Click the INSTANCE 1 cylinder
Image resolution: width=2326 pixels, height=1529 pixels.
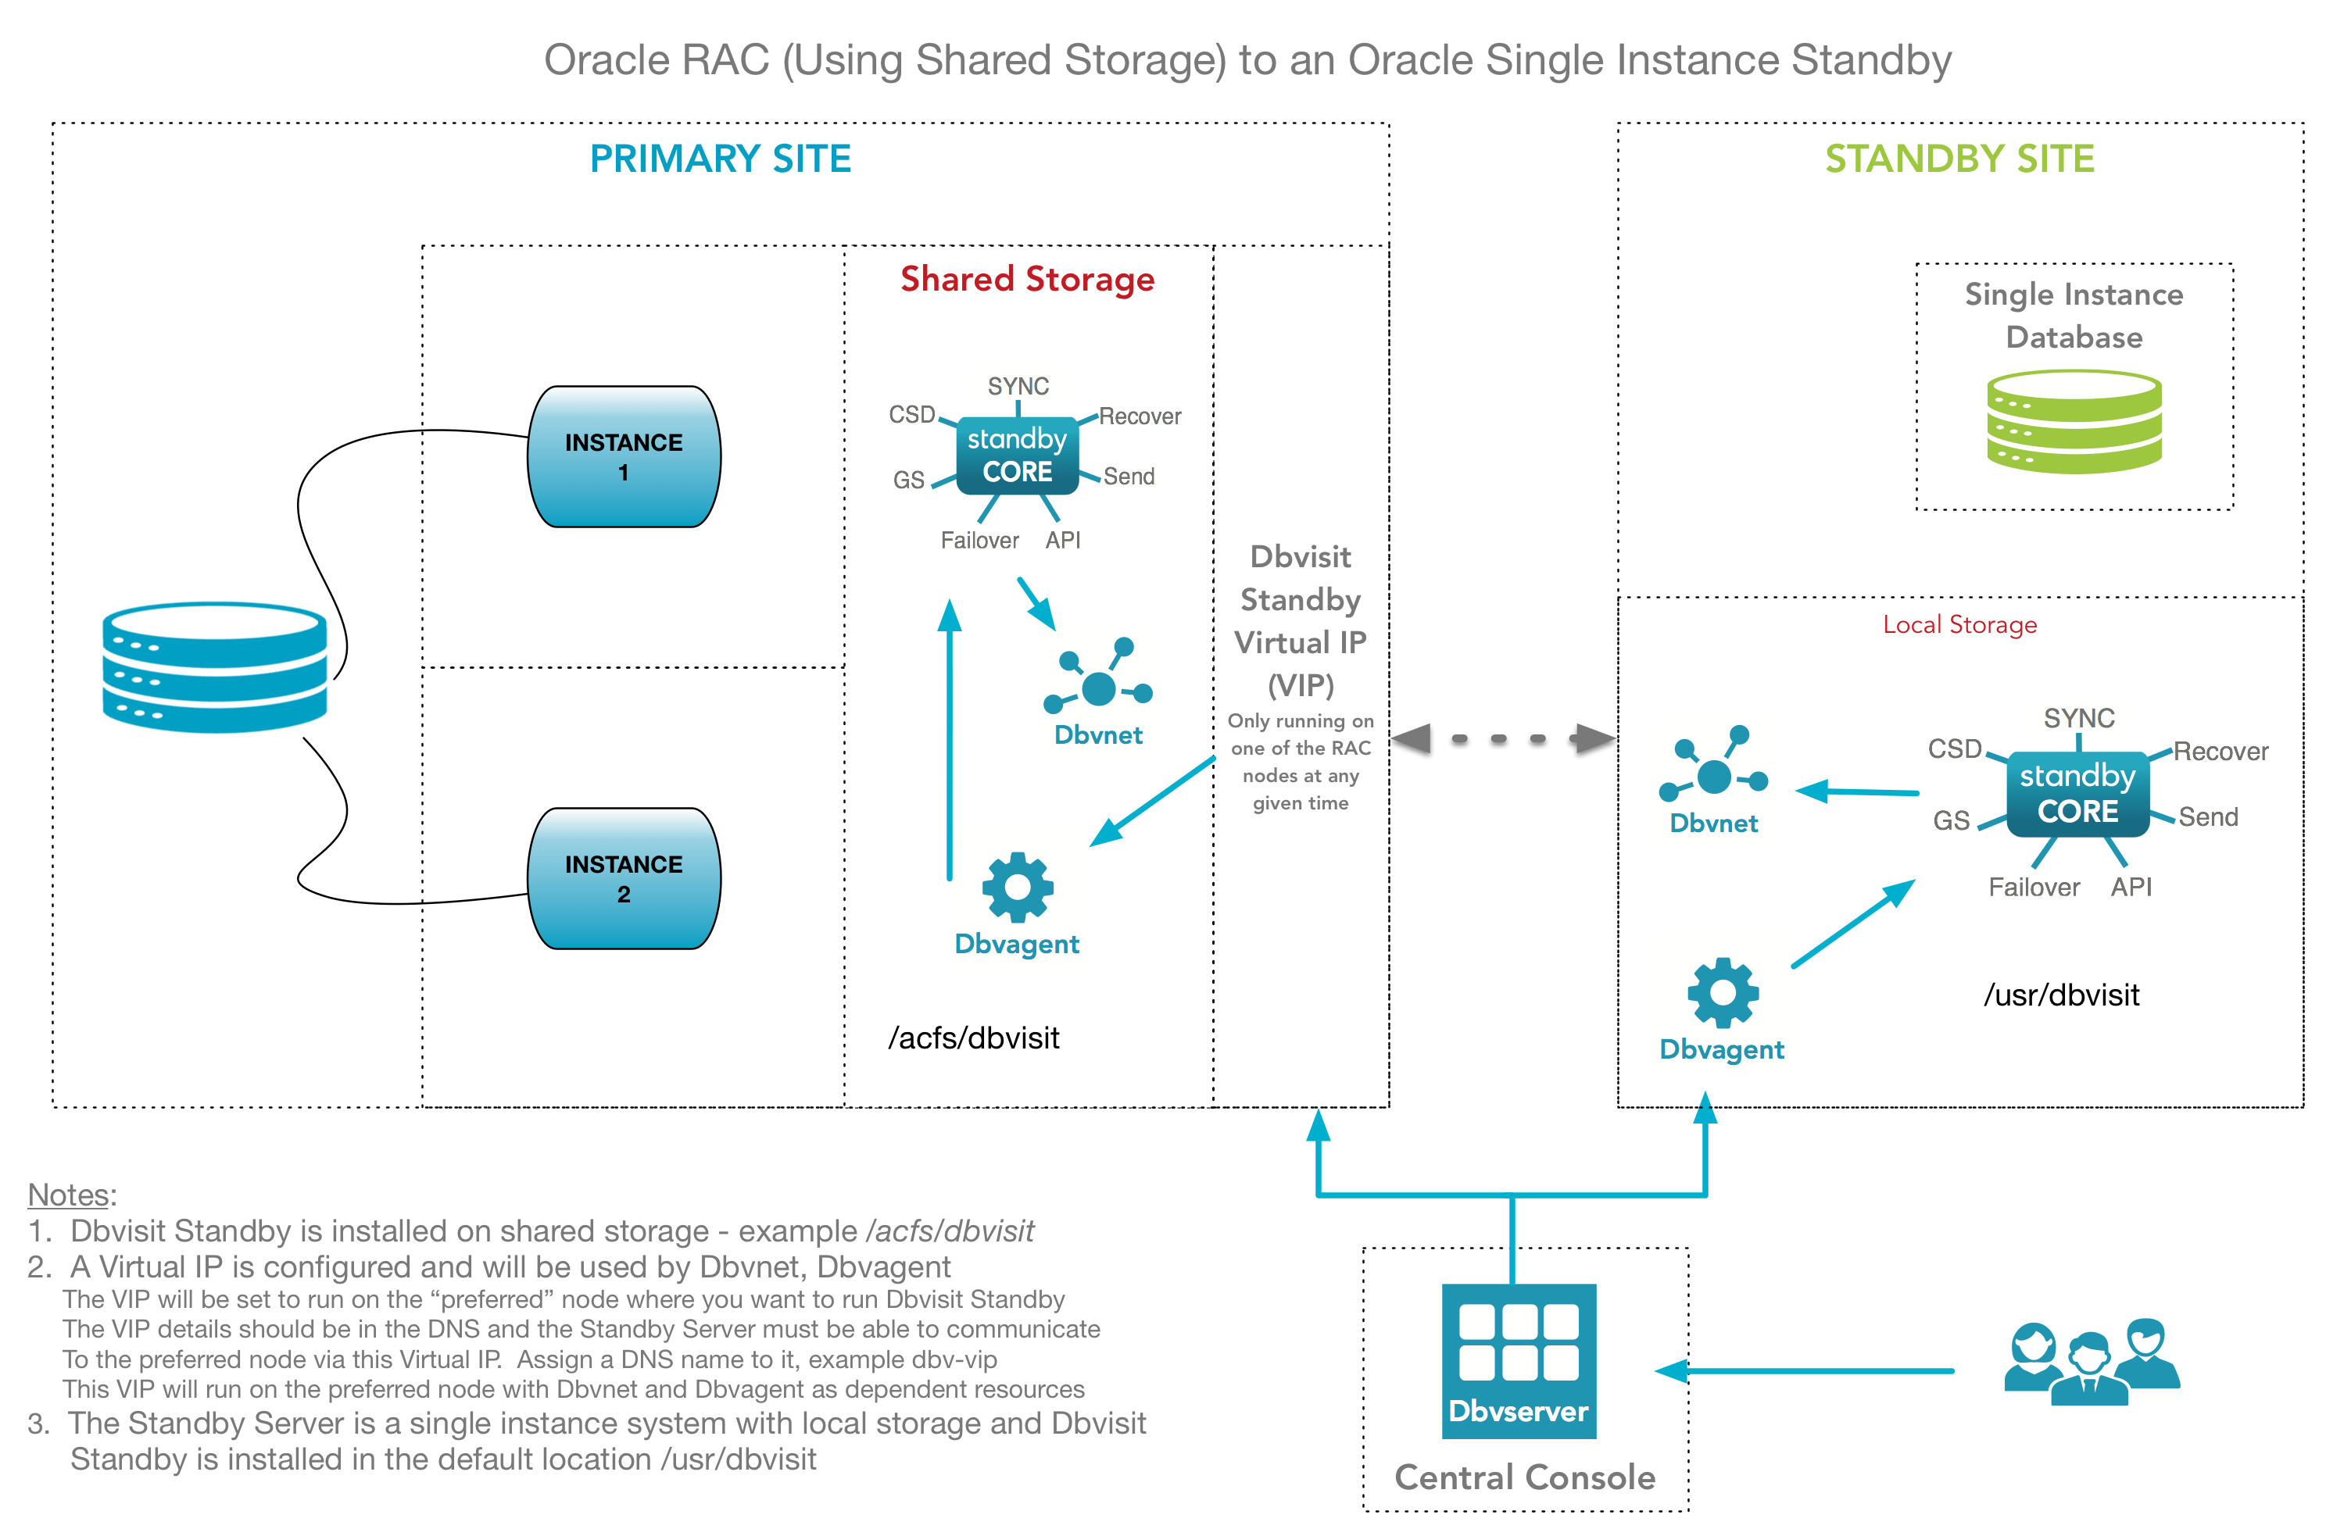coord(624,456)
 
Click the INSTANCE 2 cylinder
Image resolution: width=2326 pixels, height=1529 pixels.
coord(624,878)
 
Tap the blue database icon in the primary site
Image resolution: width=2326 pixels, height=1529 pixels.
coord(215,666)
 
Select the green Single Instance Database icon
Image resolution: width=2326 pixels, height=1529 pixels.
coord(2073,421)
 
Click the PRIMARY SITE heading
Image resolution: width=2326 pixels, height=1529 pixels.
coord(721,159)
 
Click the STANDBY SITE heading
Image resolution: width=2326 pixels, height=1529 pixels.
coord(1959,159)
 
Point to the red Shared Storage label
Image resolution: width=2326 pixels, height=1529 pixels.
coord(1027,280)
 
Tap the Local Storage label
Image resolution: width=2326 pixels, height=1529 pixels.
coord(1959,624)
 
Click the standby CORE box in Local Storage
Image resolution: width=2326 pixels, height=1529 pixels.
coord(2077,793)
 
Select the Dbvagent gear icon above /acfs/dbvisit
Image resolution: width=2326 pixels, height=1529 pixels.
coord(1018,887)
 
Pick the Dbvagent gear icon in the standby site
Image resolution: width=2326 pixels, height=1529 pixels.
coord(1722,991)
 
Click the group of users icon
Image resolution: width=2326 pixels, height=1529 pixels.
coord(2091,1362)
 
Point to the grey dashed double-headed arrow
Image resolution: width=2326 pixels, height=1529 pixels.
coord(1502,738)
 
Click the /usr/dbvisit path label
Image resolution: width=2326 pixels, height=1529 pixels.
coord(2060,995)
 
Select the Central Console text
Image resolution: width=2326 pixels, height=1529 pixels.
coord(1525,1476)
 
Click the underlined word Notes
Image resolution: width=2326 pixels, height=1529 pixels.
coord(69,1194)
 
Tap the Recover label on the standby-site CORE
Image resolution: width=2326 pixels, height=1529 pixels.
coord(2220,752)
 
